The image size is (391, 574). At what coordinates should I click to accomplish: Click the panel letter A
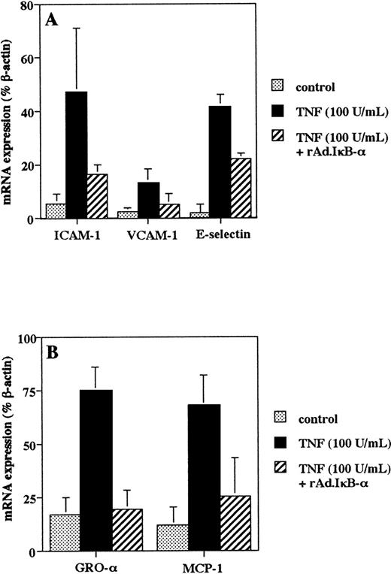pos(53,20)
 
